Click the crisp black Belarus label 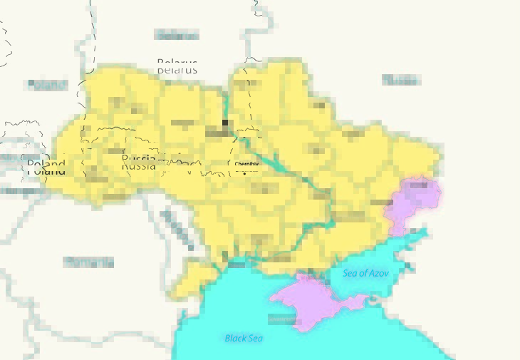tap(177, 67)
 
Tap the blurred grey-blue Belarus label tap(177, 35)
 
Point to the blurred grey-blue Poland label tap(47, 85)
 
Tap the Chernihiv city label tap(246, 164)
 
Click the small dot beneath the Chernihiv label tap(246, 172)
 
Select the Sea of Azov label tap(365, 273)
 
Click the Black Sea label tap(244, 338)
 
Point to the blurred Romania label tap(89, 262)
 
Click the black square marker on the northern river tap(226, 123)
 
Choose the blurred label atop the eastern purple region tap(419, 186)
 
